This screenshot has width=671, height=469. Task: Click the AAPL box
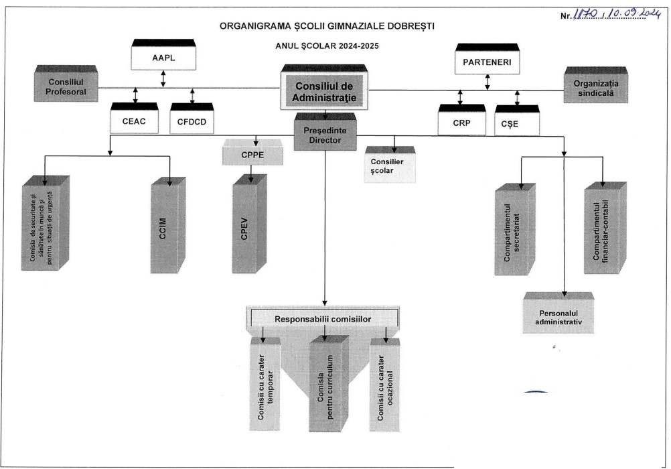point(163,58)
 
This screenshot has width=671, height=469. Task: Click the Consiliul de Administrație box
point(323,91)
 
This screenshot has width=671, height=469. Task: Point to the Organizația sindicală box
point(595,88)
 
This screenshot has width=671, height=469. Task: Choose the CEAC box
point(134,121)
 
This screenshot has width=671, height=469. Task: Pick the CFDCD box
point(192,121)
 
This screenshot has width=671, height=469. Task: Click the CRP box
point(460,123)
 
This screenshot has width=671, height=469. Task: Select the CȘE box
point(517,123)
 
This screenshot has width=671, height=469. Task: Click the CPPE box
point(252,155)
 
